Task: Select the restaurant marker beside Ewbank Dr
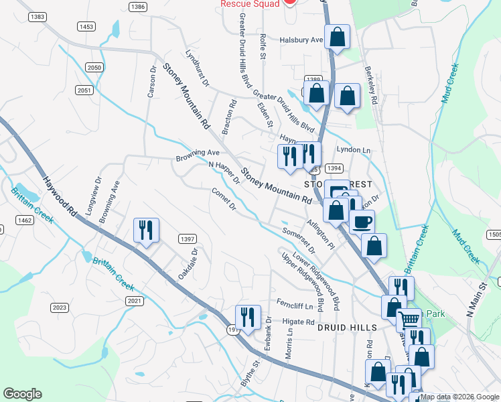[248, 317]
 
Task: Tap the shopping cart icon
[408, 319]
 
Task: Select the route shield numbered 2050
[94, 68]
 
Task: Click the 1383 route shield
[38, 16]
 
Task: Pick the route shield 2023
[60, 308]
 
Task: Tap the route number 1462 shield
[25, 220]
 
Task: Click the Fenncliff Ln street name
[295, 307]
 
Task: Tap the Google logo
[22, 394]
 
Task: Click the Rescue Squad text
[248, 3]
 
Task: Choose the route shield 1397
[187, 239]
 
